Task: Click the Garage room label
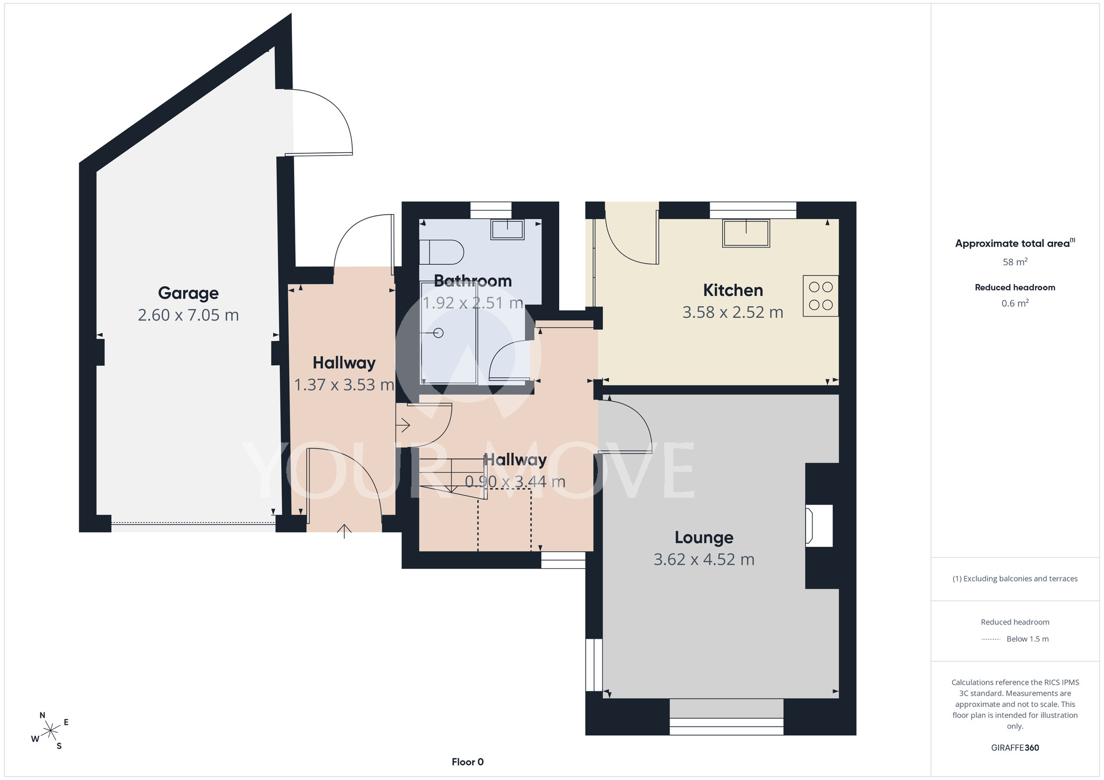coord(188,293)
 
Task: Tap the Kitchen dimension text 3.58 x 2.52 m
coord(733,313)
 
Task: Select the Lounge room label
coord(704,537)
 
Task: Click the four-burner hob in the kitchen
coord(820,296)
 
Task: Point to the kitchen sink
coord(746,233)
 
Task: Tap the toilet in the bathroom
coord(441,252)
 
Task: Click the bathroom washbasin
coord(507,229)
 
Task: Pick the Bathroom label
coord(473,281)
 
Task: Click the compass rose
coord(50,731)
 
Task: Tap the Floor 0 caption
coord(468,762)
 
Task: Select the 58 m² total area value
coord(1015,262)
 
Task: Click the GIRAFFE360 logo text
coord(1015,748)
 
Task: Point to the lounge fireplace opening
coord(819,526)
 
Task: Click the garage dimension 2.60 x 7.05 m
coord(188,316)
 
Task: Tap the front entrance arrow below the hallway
coord(344,531)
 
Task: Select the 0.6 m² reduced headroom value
coord(1015,303)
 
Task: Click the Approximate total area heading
coord(1015,243)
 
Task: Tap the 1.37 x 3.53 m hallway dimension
coord(344,385)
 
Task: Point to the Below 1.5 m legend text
coord(1027,639)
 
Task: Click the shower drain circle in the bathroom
coord(439,333)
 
